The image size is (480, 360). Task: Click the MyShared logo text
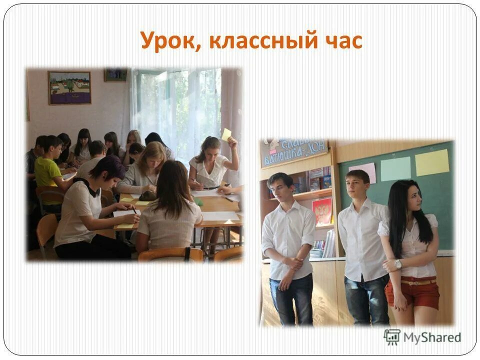[x=432, y=337]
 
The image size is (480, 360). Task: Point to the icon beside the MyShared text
[x=391, y=336]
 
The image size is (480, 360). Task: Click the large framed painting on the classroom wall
[x=69, y=88]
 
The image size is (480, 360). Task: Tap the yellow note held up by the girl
[x=226, y=135]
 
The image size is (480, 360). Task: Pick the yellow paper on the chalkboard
[x=432, y=162]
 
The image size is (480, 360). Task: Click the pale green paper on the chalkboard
[x=395, y=168]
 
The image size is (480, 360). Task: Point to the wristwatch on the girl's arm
[x=398, y=264]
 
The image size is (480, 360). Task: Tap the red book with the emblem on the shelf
[x=322, y=210]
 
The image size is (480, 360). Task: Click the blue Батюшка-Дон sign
[x=295, y=152]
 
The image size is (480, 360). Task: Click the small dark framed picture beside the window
[x=115, y=74]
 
